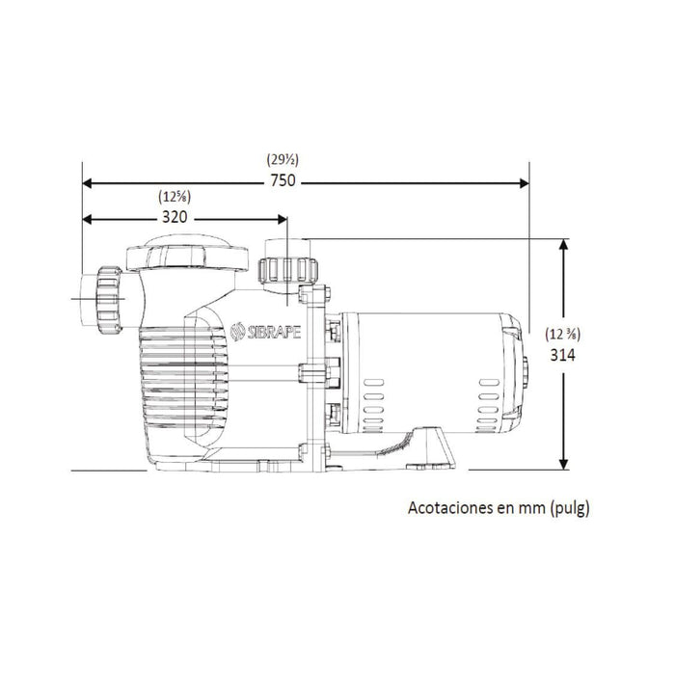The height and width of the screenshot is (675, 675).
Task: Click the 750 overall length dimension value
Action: (x=283, y=181)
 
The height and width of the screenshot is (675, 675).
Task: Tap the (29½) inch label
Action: (x=282, y=160)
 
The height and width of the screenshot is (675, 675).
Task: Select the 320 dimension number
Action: (x=174, y=217)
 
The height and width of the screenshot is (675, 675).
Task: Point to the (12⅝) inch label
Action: (x=174, y=197)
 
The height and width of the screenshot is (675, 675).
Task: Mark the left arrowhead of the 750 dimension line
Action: (x=88, y=181)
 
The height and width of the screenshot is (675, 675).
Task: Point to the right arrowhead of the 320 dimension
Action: (x=283, y=218)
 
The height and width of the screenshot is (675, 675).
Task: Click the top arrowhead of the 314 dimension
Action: (x=563, y=243)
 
